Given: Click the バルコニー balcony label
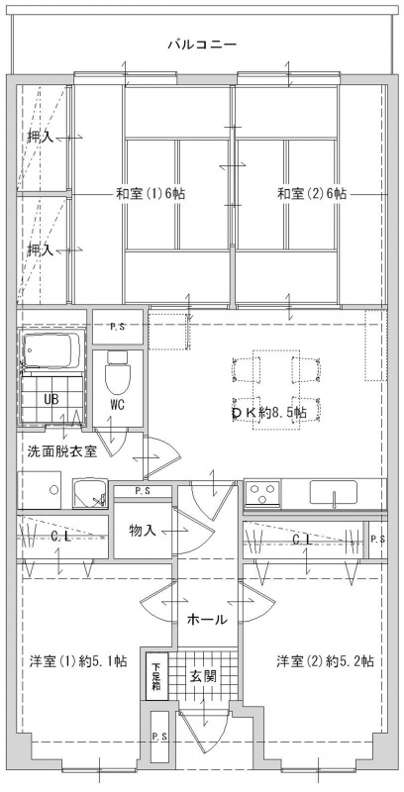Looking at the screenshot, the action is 202,45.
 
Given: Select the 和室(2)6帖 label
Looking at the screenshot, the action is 312,194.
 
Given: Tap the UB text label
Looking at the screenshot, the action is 51,399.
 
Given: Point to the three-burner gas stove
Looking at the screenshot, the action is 262,493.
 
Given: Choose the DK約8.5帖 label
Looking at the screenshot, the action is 268,412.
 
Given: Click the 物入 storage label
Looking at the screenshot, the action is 143,531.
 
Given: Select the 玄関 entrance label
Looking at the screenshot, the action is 203,676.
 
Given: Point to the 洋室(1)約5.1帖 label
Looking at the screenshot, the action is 77,660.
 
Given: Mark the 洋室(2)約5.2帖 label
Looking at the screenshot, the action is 325,660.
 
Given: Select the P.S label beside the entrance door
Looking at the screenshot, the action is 160,736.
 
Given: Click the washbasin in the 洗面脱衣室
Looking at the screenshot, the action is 90,493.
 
